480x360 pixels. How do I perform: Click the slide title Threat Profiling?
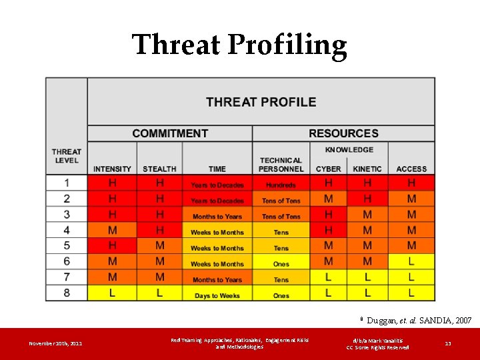coord(239,45)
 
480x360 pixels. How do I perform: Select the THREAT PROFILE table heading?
coord(261,102)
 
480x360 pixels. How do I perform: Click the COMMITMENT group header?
coord(169,133)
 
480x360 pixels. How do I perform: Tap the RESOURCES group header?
coord(343,133)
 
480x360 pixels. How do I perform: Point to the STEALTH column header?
coord(159,169)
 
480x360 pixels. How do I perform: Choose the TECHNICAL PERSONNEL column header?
coord(281,165)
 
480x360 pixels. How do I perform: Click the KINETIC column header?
coord(367,169)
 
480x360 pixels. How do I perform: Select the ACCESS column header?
coord(411,169)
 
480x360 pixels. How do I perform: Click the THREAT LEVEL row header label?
coord(66,156)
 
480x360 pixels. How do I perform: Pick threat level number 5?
coord(67,245)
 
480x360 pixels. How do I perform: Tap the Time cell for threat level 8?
coord(217,295)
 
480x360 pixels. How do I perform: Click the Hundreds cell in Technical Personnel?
coord(281,185)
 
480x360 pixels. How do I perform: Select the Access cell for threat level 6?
coord(411,261)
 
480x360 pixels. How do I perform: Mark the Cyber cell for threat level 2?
coord(329,199)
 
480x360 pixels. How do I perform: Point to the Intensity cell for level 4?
coord(112,230)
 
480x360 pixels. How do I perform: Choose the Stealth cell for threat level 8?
coord(159,293)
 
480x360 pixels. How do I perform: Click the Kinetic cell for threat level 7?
coord(367,277)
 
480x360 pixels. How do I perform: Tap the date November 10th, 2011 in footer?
coord(55,344)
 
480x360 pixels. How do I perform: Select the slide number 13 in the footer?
coord(447,344)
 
